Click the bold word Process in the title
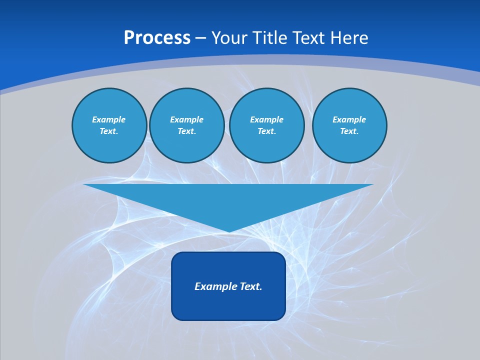[157, 38]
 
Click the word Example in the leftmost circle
[109, 119]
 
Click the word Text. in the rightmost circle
[349, 131]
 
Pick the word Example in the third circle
[267, 119]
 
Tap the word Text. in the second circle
[187, 131]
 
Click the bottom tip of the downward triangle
[228, 231]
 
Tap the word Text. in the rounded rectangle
[251, 286]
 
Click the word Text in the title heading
[307, 38]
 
